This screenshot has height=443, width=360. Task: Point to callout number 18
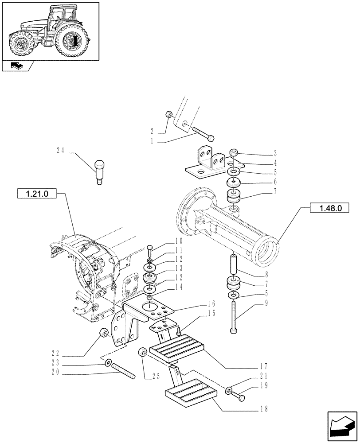(265, 409)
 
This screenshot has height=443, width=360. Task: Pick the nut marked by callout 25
(143, 353)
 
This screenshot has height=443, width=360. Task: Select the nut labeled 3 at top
(234, 153)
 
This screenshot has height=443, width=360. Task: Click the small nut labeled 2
(168, 115)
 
